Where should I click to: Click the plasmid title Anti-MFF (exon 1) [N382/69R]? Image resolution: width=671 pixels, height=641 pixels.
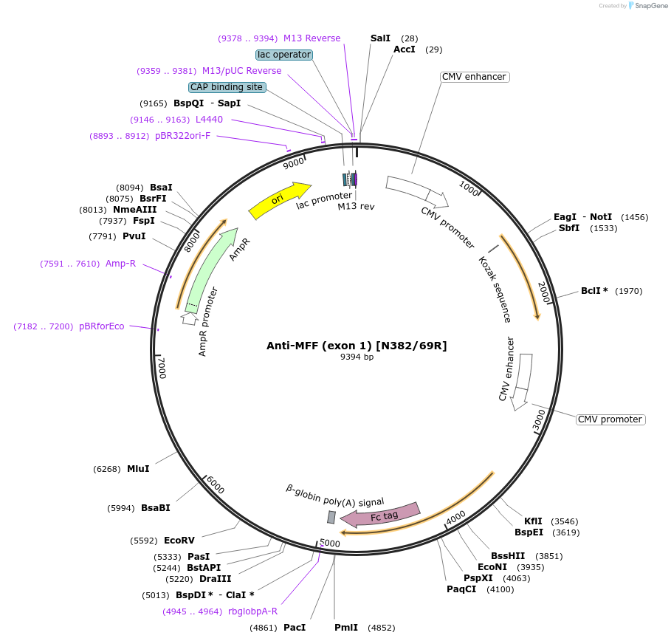point(357,346)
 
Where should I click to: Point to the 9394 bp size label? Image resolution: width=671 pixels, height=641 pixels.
point(357,357)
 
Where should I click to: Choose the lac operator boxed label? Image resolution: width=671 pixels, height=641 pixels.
point(284,55)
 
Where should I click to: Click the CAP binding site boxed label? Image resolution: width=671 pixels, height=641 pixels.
point(227,87)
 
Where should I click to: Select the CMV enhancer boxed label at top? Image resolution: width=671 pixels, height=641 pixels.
point(474,77)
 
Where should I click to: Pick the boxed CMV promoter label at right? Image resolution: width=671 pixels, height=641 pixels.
point(610,419)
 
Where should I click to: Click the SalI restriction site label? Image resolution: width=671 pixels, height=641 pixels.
point(380,38)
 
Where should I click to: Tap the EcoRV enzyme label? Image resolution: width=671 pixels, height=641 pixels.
point(179,541)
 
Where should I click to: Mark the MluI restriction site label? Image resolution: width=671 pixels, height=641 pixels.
point(138,469)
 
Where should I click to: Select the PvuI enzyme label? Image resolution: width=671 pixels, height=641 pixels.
point(134,236)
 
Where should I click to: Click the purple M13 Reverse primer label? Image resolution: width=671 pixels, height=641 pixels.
point(312,38)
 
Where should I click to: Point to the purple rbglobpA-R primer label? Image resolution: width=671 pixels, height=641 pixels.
point(252,611)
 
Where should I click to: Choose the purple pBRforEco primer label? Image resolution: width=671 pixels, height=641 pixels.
point(102,326)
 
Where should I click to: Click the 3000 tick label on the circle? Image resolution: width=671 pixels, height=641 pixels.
point(539,421)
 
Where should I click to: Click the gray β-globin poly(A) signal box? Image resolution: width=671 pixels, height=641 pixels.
point(331,517)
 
